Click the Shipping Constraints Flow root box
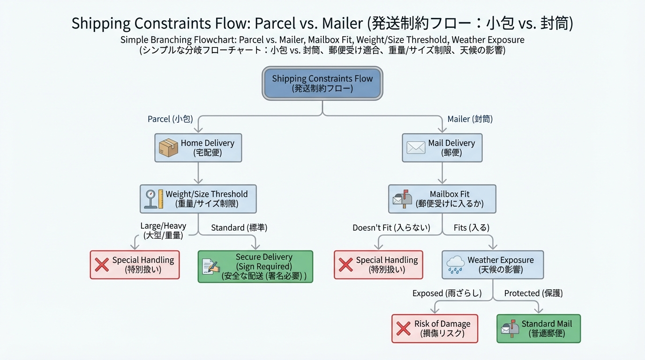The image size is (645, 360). pyautogui.click(x=322, y=83)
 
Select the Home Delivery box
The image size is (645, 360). pyautogui.click(x=198, y=148)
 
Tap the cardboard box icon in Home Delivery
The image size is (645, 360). pyautogui.click(x=168, y=148)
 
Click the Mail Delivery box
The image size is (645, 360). pyautogui.click(x=442, y=148)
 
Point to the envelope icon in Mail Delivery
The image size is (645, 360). pyautogui.click(x=416, y=148)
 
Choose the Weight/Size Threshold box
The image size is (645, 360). pyautogui.click(x=198, y=199)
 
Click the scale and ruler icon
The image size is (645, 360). pyautogui.click(x=154, y=199)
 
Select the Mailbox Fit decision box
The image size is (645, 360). pyautogui.click(x=442, y=199)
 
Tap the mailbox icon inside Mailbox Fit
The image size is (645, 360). pyautogui.click(x=402, y=199)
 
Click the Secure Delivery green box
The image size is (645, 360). pyautogui.click(x=255, y=266)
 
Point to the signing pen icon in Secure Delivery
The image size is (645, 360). pyautogui.click(x=210, y=266)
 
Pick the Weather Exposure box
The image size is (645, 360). pyautogui.click(x=493, y=265)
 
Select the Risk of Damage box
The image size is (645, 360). pyautogui.click(x=435, y=329)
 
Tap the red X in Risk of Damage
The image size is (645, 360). pyautogui.click(x=404, y=329)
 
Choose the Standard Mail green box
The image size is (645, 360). pyautogui.click(x=538, y=329)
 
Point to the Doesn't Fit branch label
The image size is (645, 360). pyautogui.click(x=391, y=228)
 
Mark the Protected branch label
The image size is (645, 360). pyautogui.click(x=533, y=293)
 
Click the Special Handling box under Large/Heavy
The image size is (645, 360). pyautogui.click(x=135, y=265)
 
